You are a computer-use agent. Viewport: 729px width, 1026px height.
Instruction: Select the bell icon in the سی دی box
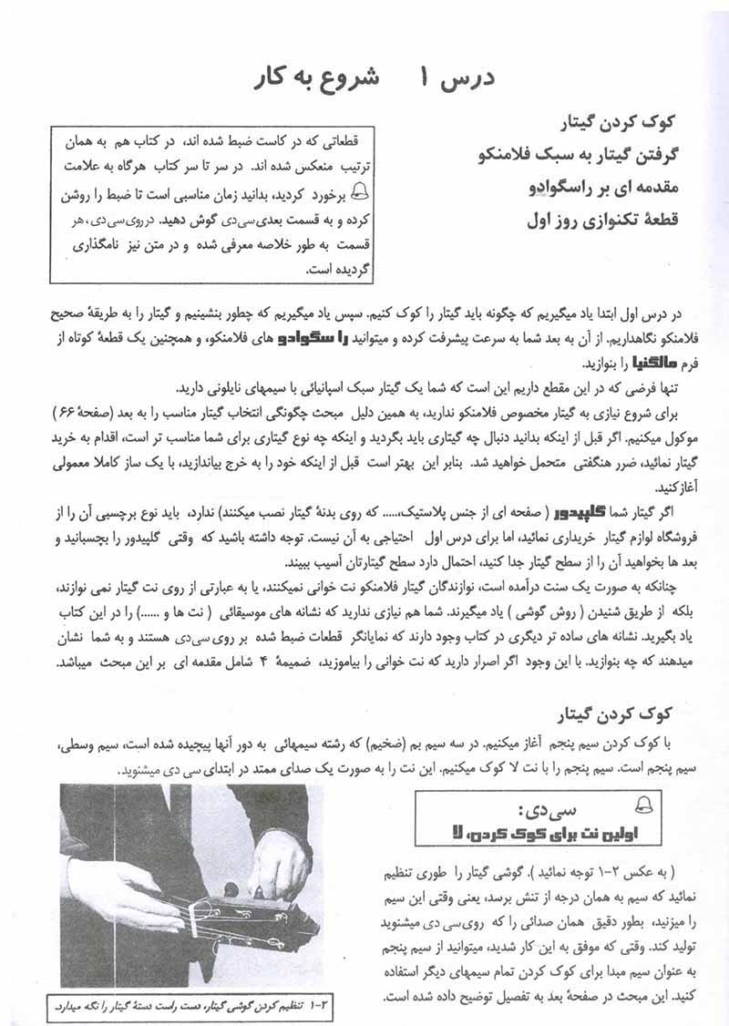click(642, 802)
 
